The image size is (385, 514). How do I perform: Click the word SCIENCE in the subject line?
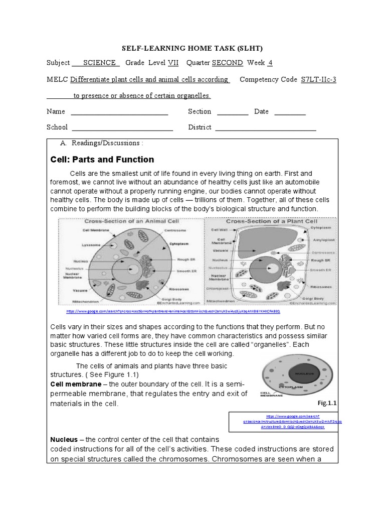(101, 63)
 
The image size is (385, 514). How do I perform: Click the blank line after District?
(265, 127)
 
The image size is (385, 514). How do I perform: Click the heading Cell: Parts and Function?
(102, 160)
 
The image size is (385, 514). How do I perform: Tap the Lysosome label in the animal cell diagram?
(92, 245)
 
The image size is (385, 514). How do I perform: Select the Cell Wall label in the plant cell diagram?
(219, 229)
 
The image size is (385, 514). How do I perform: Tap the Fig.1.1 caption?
(327, 403)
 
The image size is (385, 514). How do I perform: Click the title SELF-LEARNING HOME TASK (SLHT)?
(192, 48)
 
